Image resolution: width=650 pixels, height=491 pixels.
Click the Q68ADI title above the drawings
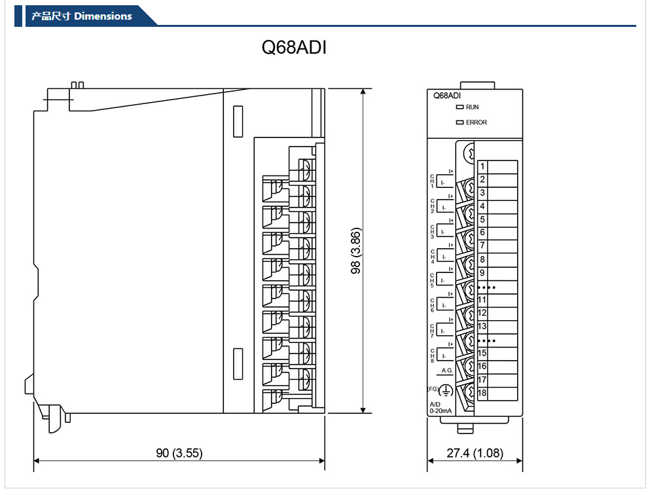pyautogui.click(x=293, y=48)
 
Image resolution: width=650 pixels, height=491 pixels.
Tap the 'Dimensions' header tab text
pyautogui.click(x=103, y=16)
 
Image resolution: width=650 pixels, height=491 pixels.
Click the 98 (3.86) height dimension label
pyautogui.click(x=356, y=251)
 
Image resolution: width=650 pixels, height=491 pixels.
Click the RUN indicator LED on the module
pyautogui.click(x=460, y=107)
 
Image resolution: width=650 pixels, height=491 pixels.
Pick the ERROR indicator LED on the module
pyautogui.click(x=460, y=122)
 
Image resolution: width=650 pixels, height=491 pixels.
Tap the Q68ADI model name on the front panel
pyautogui.click(x=447, y=96)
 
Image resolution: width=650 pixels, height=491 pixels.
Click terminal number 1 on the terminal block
pyautogui.click(x=482, y=167)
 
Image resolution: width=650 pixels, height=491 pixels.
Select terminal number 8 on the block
pyautogui.click(x=482, y=260)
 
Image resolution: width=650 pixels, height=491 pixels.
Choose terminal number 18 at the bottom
pyautogui.click(x=482, y=393)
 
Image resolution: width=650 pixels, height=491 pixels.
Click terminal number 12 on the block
pyautogui.click(x=482, y=313)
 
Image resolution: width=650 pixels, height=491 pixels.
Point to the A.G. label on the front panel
pyautogui.click(x=447, y=371)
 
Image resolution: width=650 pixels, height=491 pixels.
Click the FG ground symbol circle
pyautogui.click(x=446, y=391)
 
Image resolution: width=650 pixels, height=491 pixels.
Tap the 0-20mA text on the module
pyautogui.click(x=440, y=410)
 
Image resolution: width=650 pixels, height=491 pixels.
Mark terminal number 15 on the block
pyautogui.click(x=482, y=354)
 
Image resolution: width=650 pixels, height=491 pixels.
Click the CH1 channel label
pyautogui.click(x=432, y=181)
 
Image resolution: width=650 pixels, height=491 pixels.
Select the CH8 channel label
pyautogui.click(x=432, y=356)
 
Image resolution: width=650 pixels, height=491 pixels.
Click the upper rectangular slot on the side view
pyautogui.click(x=238, y=121)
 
